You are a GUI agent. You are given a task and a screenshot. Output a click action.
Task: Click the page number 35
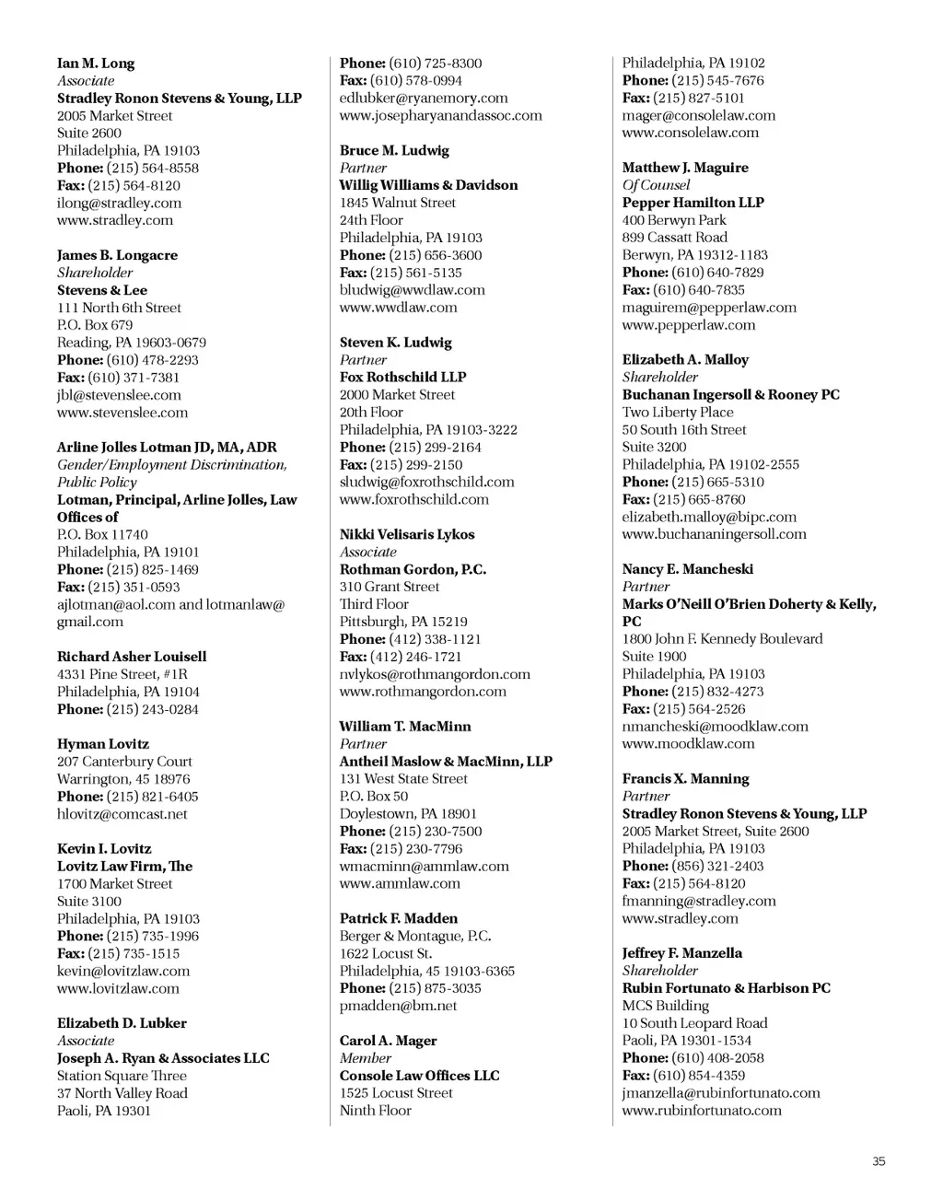[x=879, y=1161]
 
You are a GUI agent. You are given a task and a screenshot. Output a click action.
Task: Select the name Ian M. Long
[x=96, y=64]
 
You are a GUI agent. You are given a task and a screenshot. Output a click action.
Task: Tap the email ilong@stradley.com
[x=119, y=204]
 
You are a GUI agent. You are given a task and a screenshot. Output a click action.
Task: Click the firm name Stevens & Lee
[x=102, y=290]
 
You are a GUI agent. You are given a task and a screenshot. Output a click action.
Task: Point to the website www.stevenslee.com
[x=122, y=413]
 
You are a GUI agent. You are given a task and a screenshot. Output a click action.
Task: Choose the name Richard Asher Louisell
[x=132, y=657]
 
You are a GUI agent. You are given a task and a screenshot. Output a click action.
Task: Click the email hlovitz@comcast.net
[x=122, y=814]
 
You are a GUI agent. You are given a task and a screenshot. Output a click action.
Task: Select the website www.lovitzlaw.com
[x=118, y=988]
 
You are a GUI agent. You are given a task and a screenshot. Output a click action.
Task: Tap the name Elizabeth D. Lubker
[x=122, y=1023]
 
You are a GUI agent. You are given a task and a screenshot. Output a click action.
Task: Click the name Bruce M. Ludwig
[x=394, y=151]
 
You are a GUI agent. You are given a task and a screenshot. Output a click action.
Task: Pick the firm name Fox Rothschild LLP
[x=402, y=378]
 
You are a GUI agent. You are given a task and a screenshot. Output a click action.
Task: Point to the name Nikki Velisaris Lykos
[x=407, y=534]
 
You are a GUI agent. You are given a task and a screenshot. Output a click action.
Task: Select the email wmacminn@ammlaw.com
[x=424, y=867]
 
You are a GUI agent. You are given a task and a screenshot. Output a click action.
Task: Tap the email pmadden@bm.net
[x=398, y=1006]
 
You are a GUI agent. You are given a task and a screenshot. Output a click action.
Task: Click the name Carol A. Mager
[x=388, y=1041]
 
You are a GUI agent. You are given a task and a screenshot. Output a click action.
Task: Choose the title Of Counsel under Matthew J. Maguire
[x=656, y=185]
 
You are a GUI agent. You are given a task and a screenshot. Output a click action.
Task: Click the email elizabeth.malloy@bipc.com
[x=709, y=518]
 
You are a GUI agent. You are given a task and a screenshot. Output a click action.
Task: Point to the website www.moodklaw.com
[x=688, y=744]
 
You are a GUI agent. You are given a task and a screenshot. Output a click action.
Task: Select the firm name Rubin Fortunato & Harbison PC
[x=726, y=988]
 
